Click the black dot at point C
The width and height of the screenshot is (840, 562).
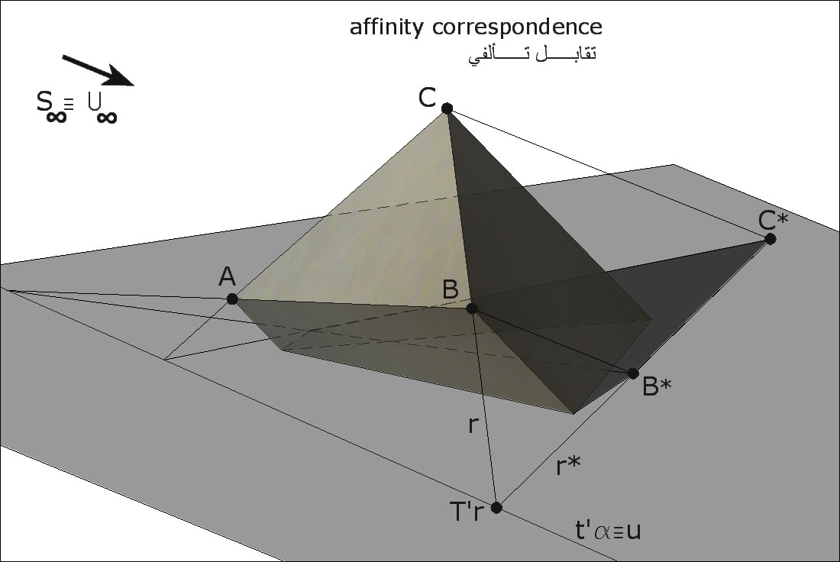point(447,108)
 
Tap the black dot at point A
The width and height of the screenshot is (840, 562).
point(232,299)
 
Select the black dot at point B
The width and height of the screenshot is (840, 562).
point(472,308)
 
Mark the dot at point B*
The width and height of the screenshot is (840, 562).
point(633,373)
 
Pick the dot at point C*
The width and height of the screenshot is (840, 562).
point(771,239)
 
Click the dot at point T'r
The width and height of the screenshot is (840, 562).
point(496,507)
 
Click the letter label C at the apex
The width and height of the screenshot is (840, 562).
point(427,98)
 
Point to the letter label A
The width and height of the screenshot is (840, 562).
point(227,277)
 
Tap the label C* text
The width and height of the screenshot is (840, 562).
point(773,221)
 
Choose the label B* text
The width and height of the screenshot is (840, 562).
point(657,387)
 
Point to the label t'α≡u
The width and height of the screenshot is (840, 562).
point(607,530)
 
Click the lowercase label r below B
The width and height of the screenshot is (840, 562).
point(473,425)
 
